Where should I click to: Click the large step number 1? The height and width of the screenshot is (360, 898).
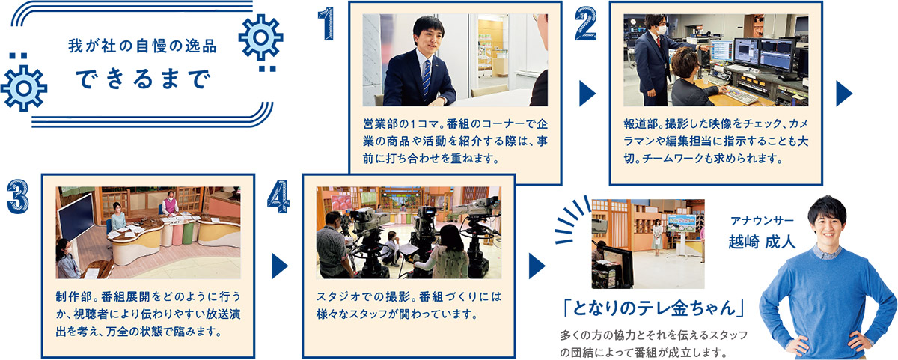(327, 24)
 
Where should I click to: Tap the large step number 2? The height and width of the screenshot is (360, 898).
(586, 24)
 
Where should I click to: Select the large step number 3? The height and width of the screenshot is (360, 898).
(18, 196)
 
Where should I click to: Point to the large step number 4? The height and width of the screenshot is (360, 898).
(278, 196)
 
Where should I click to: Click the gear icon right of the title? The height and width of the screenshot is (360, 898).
(261, 37)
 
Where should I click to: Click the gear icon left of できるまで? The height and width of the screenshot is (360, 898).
(24, 88)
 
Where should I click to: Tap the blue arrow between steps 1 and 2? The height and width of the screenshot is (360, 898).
(587, 94)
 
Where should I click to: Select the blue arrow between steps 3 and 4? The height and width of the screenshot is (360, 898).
(280, 266)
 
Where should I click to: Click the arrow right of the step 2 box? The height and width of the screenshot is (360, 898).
(844, 94)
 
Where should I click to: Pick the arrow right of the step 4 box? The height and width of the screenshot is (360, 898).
(537, 266)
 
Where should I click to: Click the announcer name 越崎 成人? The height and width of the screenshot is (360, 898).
(762, 242)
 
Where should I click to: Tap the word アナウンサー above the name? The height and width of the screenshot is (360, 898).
(762, 221)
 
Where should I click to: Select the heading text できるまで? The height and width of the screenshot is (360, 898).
(143, 79)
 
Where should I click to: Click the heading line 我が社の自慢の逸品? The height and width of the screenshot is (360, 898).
(142, 46)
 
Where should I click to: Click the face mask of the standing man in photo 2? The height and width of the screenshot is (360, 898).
(662, 30)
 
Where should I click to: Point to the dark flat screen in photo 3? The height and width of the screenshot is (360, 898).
(76, 217)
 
